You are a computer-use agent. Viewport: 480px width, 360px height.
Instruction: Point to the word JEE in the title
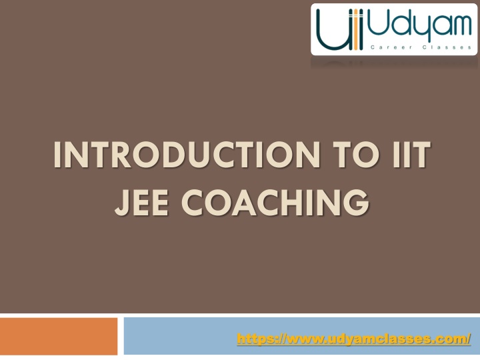[141, 203]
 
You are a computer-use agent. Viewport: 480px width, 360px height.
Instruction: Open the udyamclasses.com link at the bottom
[353, 339]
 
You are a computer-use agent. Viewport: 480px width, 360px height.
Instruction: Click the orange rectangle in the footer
[59, 336]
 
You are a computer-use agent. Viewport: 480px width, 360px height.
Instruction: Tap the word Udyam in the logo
[419, 25]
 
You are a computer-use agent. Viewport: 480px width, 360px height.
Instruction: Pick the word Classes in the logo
[447, 47]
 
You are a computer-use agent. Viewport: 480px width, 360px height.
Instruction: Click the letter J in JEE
[120, 203]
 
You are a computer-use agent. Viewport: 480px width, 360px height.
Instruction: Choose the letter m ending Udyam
[461, 25]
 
